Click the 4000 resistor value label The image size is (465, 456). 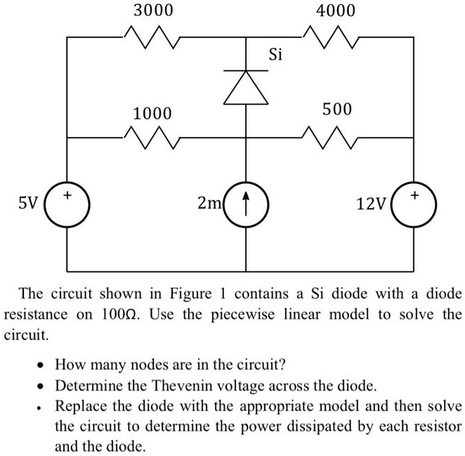click(x=336, y=11)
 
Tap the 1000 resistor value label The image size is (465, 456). click(x=152, y=113)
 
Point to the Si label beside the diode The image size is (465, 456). click(x=275, y=54)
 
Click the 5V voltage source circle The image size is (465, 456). click(x=67, y=204)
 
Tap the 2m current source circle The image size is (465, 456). click(x=246, y=204)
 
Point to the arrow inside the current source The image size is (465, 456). click(x=246, y=204)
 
